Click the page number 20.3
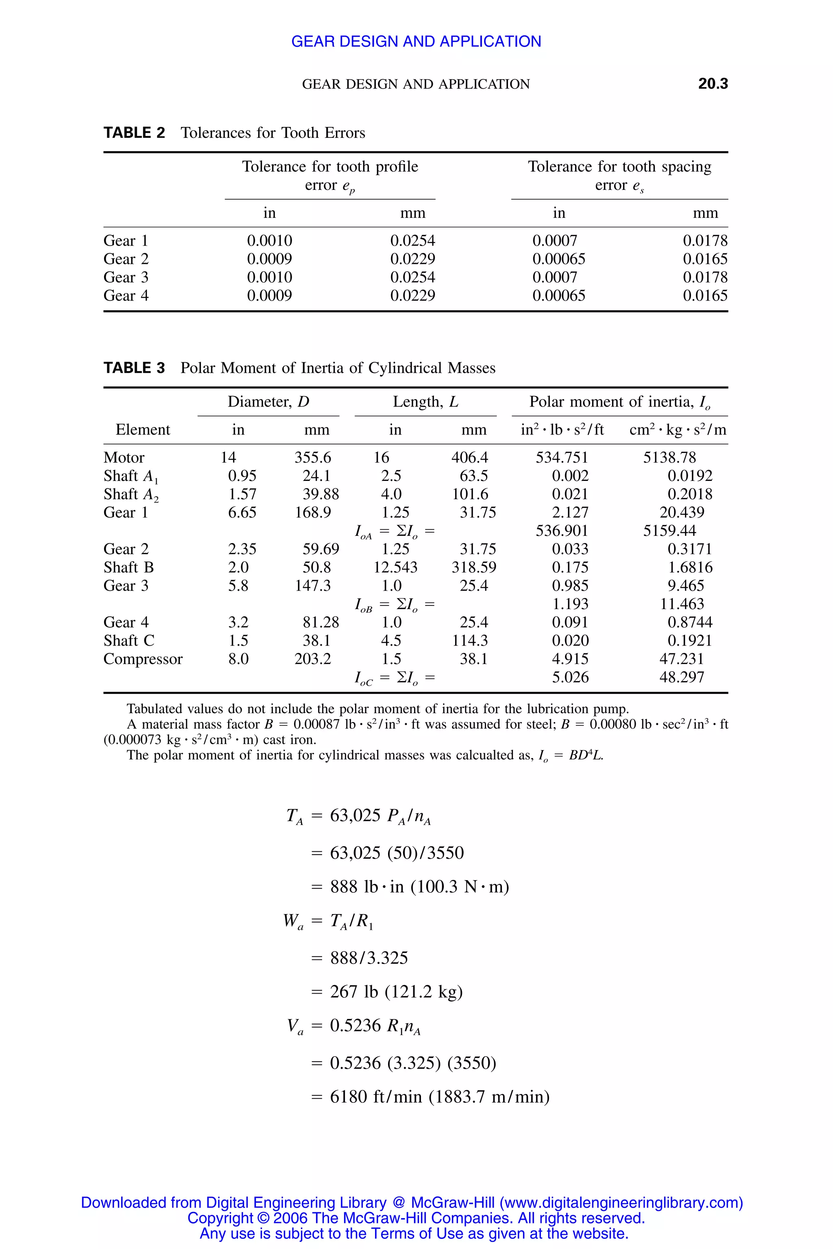(713, 83)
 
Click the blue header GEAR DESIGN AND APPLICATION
(416, 41)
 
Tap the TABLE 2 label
(134, 133)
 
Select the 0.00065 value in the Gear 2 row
(558, 259)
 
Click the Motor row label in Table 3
(124, 458)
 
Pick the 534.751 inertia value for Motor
(562, 458)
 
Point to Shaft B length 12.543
(395, 568)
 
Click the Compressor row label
(143, 659)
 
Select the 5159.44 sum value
(669, 531)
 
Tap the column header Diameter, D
(268, 402)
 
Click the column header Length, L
(425, 402)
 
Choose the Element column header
(143, 430)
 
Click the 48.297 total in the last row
(682, 678)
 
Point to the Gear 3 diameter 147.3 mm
(312, 586)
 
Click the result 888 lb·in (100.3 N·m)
(419, 887)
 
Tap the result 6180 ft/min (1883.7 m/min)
(439, 1097)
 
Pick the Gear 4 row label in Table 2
(126, 296)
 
